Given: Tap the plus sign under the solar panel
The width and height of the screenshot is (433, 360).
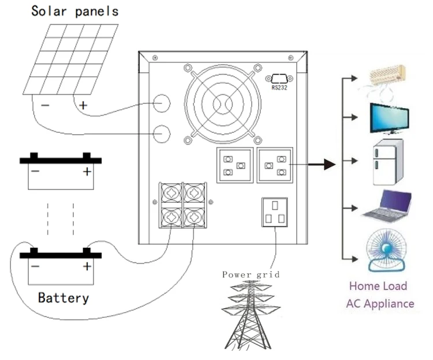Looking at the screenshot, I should pyautogui.click(x=83, y=105).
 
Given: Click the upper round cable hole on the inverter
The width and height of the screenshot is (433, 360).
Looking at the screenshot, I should pyautogui.click(x=162, y=104).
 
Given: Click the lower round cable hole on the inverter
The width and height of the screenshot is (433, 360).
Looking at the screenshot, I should pyautogui.click(x=162, y=133).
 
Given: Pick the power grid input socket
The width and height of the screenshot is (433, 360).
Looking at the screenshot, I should pyautogui.click(x=275, y=213).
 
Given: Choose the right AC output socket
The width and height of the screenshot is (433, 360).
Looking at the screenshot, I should pyautogui.click(x=274, y=165).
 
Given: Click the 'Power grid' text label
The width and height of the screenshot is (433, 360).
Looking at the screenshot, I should pyautogui.click(x=251, y=275).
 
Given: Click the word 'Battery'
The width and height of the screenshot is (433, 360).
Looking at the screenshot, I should pyautogui.click(x=64, y=298).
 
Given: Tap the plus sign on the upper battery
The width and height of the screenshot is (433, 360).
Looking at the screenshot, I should pyautogui.click(x=87, y=172).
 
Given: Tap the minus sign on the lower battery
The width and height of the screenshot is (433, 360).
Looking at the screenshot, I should pyautogui.click(x=36, y=266).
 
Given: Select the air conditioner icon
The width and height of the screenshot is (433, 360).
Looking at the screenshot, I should pyautogui.click(x=389, y=76).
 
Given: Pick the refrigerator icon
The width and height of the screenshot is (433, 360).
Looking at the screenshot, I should pyautogui.click(x=385, y=162).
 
